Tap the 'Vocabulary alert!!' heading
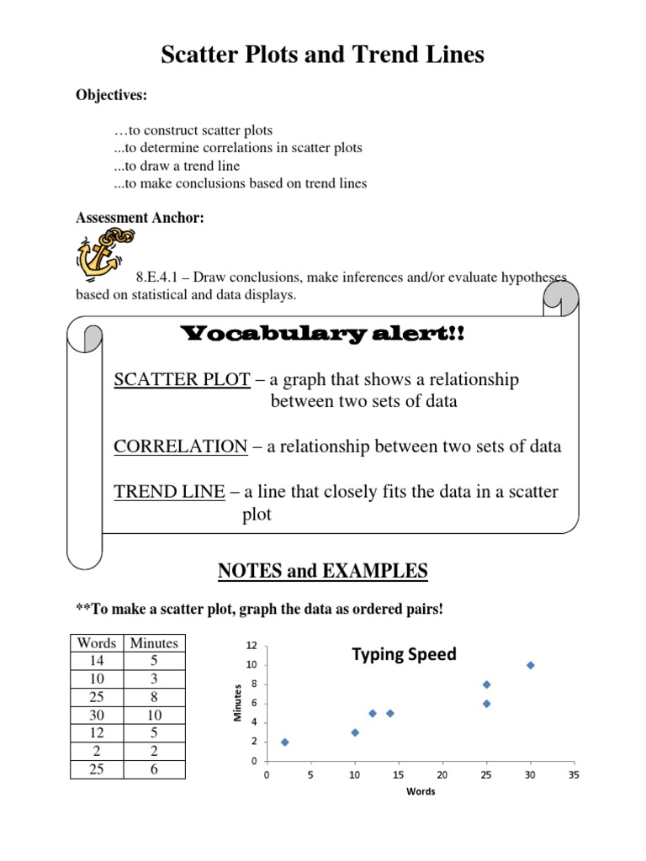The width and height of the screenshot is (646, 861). tap(323, 335)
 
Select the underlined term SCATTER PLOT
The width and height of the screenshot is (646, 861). tap(182, 380)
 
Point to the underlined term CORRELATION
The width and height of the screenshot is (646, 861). tap(180, 446)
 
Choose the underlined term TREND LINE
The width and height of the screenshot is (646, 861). tap(169, 492)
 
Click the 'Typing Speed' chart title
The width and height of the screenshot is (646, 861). tap(404, 654)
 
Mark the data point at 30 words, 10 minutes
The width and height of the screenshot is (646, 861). tap(530, 665)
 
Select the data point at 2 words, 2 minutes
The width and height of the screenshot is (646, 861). tap(284, 742)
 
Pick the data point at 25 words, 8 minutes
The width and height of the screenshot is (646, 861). tap(486, 684)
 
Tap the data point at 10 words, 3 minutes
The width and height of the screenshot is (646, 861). tap(355, 732)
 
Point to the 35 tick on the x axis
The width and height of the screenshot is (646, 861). tap(574, 774)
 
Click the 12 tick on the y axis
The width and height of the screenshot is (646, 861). tap(251, 646)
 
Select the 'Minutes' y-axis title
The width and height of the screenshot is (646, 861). tap(237, 703)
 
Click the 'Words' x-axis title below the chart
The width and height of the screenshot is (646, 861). tap(421, 792)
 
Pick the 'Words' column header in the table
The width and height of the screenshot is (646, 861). tap(96, 643)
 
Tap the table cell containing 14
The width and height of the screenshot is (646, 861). tap(96, 661)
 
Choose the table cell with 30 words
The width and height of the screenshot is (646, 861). tap(96, 715)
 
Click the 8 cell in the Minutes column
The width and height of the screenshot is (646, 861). tap(154, 697)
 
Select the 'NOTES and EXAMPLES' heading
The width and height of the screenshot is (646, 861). tap(323, 572)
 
